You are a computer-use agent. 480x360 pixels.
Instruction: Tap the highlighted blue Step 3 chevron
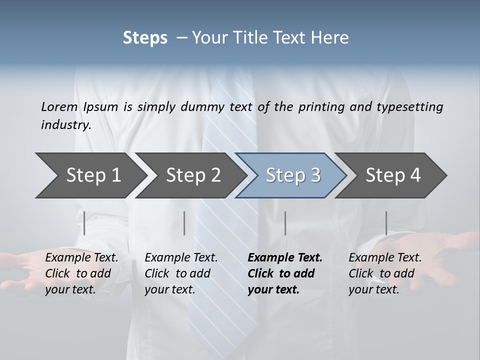[292, 175]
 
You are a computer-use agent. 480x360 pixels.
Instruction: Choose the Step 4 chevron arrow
[392, 175]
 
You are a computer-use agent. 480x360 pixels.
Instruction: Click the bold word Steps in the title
[145, 38]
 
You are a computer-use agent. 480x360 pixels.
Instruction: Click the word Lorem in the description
[59, 107]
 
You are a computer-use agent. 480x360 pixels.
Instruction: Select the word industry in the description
[65, 125]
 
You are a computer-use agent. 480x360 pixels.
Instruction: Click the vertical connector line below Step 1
[84, 223]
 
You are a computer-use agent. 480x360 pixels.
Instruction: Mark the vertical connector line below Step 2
[184, 223]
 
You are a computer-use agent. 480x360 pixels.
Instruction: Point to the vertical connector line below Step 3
[285, 223]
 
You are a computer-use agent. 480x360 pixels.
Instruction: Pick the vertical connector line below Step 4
[386, 223]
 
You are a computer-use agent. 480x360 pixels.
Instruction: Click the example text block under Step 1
[81, 273]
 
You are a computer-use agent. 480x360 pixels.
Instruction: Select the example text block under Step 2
[181, 273]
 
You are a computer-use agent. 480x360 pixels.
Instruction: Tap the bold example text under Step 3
[285, 273]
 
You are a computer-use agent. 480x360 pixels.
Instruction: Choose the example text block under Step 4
[385, 273]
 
